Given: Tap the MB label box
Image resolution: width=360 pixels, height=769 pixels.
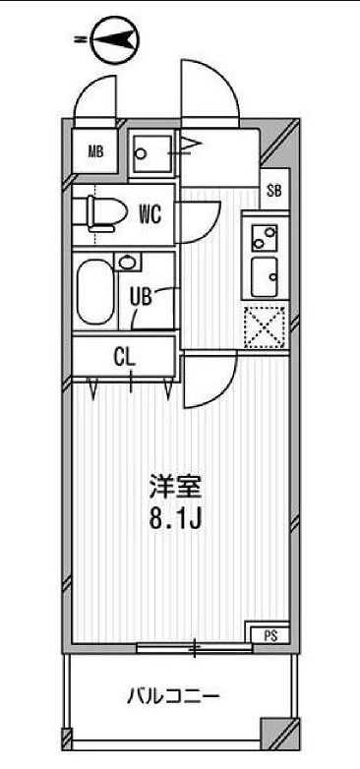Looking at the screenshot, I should (x=95, y=151).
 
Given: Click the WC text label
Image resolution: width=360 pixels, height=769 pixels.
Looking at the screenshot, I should (x=150, y=211).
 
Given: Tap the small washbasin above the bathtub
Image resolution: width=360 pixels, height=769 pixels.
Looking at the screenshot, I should (x=127, y=263).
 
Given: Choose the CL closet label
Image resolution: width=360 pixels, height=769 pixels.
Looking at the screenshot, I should (x=123, y=357).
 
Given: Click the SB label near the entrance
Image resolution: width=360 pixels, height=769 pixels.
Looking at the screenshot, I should (x=273, y=191).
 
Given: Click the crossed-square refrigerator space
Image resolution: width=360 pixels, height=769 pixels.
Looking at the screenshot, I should (x=265, y=327).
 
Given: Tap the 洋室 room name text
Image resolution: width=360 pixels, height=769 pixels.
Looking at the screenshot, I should (x=175, y=486).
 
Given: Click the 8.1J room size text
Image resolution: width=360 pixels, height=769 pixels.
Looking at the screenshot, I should (x=175, y=517).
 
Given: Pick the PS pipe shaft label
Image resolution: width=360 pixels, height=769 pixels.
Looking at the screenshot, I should (x=270, y=634).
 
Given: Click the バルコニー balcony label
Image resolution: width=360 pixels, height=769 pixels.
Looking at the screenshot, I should (x=172, y=697).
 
